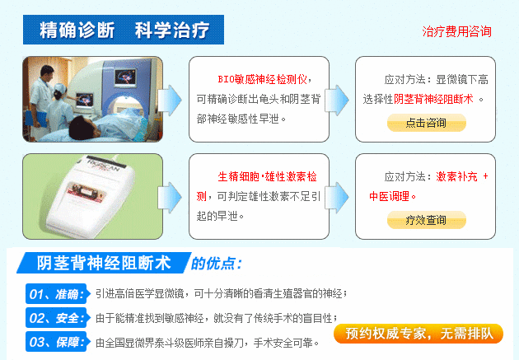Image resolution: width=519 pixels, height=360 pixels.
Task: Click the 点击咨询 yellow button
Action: click(x=427, y=123)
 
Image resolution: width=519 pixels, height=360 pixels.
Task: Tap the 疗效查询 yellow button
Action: click(x=427, y=220)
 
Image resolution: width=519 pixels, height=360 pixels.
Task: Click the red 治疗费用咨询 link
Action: click(x=456, y=31)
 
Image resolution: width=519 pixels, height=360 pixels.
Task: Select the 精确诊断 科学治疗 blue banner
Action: click(x=124, y=30)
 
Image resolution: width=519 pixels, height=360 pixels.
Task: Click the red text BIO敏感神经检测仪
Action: click(x=262, y=79)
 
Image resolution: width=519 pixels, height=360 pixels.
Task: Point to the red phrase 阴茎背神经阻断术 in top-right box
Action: click(x=433, y=99)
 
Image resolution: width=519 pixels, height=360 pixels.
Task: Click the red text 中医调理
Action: click(x=390, y=196)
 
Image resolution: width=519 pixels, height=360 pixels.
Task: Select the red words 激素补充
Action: click(x=456, y=176)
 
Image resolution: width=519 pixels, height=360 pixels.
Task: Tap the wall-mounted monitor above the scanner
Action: click(x=125, y=78)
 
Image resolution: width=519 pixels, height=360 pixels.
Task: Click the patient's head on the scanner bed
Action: click(x=82, y=128)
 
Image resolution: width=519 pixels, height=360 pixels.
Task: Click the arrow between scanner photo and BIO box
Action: click(x=170, y=100)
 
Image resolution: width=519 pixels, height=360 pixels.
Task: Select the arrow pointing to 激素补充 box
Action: click(x=337, y=197)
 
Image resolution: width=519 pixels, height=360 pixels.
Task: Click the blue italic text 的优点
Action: click(x=217, y=264)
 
